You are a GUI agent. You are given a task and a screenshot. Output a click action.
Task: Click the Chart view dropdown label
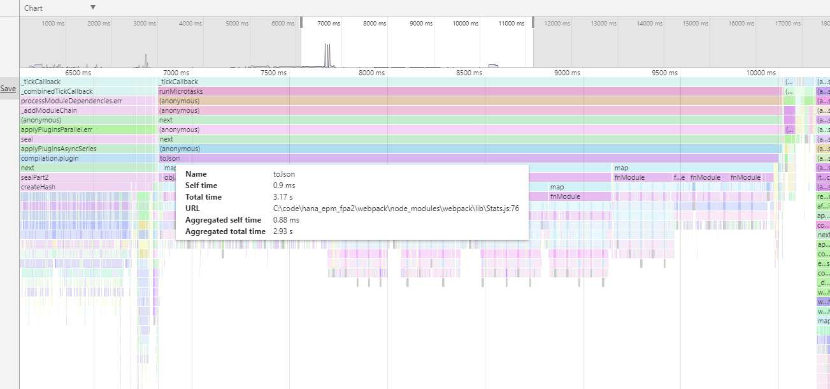(33, 8)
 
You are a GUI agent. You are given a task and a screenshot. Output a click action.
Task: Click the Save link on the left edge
(8, 89)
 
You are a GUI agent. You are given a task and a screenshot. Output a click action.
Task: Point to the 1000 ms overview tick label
(53, 24)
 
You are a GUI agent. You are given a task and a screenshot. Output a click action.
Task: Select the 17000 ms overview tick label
(788, 24)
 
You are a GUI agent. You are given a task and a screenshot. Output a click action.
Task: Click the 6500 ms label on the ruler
(78, 73)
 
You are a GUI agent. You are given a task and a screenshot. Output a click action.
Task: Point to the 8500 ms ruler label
(469, 73)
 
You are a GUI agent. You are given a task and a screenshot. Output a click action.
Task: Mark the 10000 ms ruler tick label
(761, 73)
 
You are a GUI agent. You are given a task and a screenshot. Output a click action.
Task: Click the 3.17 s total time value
(283, 197)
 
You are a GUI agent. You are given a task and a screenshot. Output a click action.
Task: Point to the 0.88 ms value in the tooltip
(286, 220)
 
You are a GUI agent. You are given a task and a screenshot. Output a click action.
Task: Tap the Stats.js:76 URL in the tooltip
(396, 209)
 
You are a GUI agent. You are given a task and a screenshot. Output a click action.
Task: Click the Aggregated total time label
(225, 231)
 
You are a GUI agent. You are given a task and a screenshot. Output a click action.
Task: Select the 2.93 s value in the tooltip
(283, 231)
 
